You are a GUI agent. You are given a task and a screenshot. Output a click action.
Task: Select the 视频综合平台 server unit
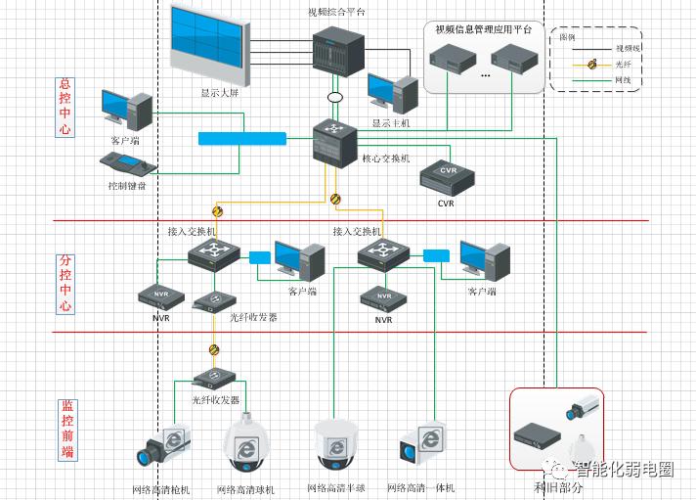pyautogui.click(x=338, y=57)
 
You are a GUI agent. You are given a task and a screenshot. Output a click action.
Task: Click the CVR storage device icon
pyautogui.click(x=446, y=178)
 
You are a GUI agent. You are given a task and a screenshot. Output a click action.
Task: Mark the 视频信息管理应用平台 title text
pyautogui.click(x=484, y=29)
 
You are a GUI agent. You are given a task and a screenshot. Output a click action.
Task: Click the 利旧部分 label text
pyautogui.click(x=558, y=486)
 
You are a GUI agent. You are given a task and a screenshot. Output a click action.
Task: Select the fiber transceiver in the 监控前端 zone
pyautogui.click(x=214, y=377)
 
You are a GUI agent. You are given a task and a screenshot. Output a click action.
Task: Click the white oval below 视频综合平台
pyautogui.click(x=335, y=98)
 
